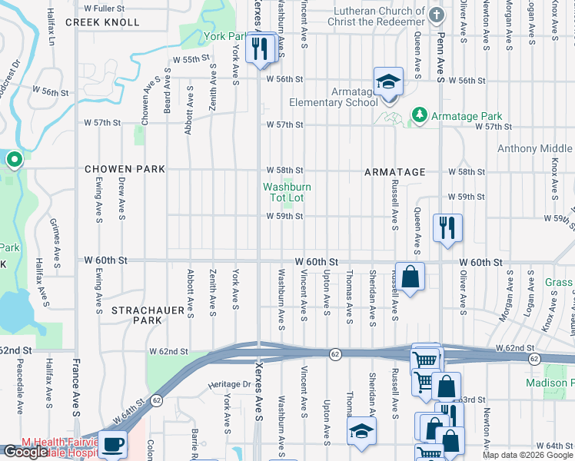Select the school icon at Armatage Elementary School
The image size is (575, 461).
388,82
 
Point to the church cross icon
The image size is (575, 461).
437,15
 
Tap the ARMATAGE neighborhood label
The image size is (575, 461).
394,172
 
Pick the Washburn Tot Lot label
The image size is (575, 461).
287,192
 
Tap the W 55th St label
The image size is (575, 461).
191,59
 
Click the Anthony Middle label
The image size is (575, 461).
534,149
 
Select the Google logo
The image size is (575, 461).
24,453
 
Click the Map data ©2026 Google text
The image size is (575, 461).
527,455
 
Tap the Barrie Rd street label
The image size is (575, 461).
196,444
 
